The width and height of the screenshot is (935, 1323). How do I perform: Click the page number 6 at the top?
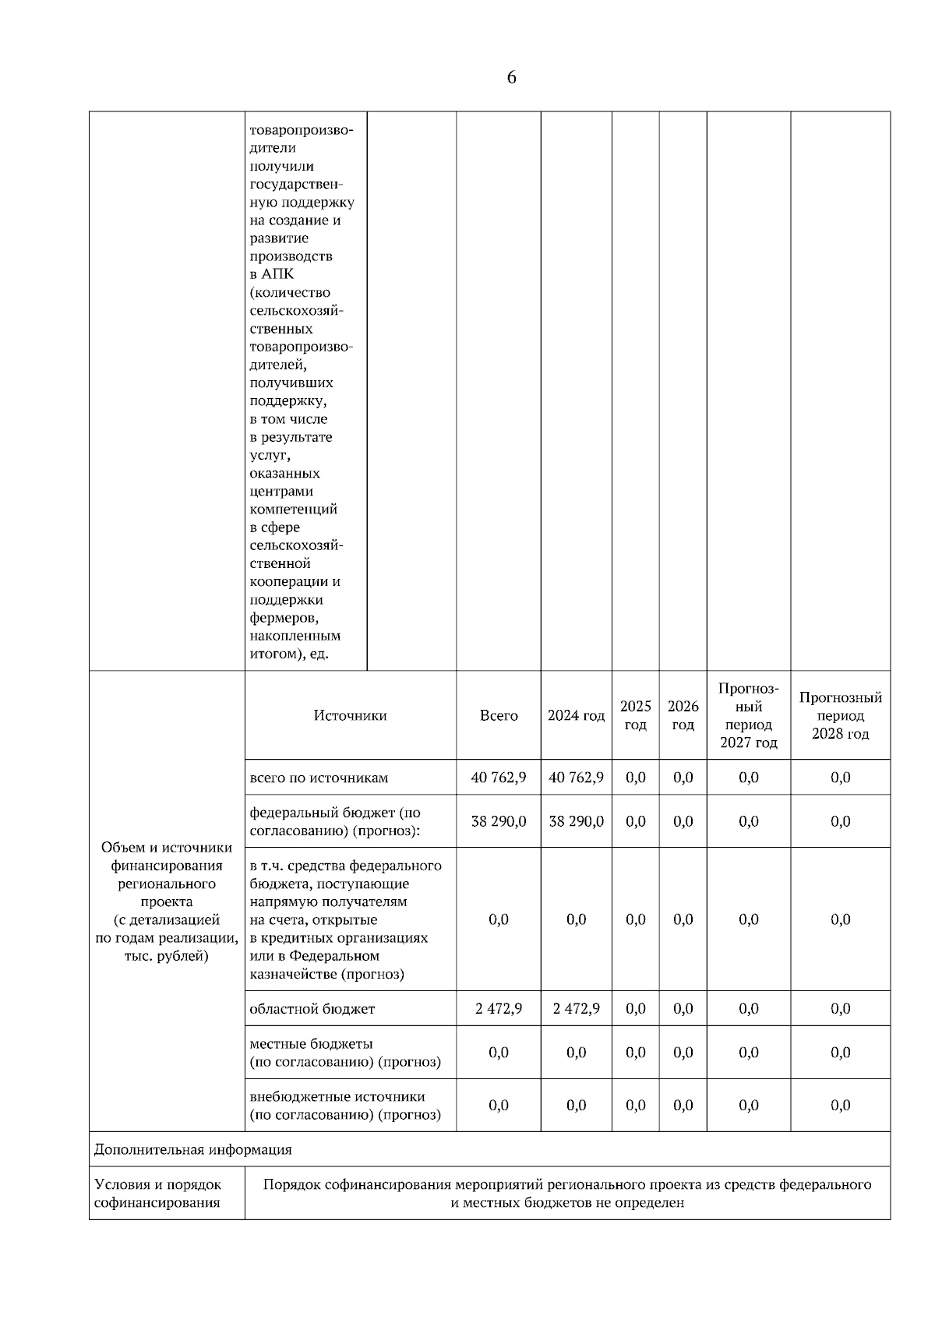pos(511,78)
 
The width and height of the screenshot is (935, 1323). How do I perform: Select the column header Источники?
pos(350,715)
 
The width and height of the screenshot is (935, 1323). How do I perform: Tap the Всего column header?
pos(499,715)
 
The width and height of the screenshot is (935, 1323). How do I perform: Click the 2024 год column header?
pos(576,715)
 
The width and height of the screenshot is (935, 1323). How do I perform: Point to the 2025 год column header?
pos(635,715)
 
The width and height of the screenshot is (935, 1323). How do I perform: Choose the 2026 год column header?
pos(683,715)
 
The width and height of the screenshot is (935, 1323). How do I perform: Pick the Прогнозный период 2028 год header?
pos(840,715)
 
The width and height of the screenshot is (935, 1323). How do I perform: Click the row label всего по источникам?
pos(319,778)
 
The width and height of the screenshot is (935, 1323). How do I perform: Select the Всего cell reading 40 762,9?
pos(499,778)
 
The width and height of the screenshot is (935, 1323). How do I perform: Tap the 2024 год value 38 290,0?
pos(576,821)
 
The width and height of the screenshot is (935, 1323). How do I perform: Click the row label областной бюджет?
pos(312,1009)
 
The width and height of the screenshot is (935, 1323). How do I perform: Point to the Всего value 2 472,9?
pos(499,1009)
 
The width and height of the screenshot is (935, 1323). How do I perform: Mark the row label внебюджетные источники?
pos(337,1097)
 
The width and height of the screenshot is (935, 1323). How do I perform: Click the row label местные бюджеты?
pos(311,1044)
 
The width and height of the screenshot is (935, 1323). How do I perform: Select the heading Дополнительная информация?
pos(193,1149)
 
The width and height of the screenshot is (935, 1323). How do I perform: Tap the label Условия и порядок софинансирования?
pos(158,1194)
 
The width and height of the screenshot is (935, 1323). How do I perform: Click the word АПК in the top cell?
pos(278,274)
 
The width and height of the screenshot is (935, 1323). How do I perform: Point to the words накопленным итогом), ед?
pos(295,645)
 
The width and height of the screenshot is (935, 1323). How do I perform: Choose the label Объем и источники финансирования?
pos(167,856)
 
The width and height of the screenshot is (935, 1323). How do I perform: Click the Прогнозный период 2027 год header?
pos(748,715)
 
